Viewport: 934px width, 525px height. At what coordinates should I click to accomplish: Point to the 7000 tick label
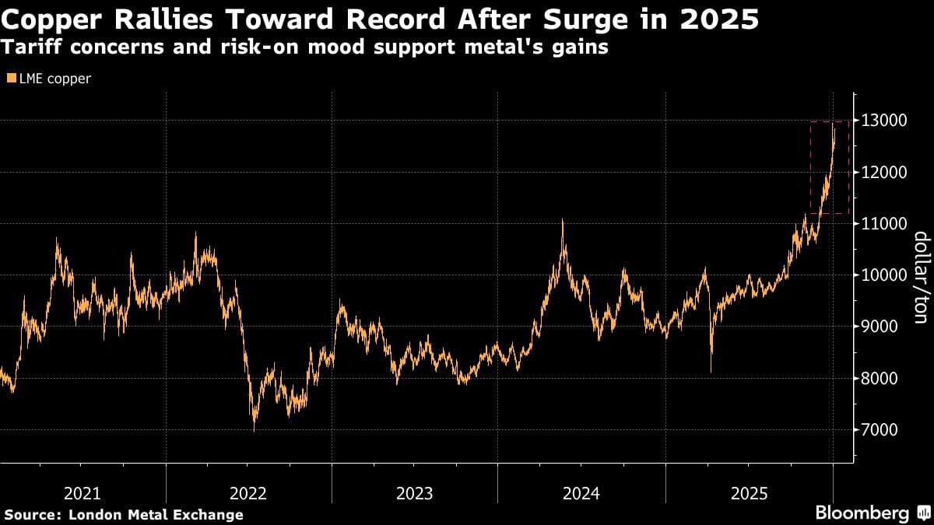point(879,430)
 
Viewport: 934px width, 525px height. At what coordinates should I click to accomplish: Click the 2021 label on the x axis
point(82,492)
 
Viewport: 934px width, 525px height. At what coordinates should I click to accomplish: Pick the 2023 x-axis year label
point(414,492)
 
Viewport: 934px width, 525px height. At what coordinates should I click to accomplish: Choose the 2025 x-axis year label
point(748,492)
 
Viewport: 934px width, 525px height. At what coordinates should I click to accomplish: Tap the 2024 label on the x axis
point(581,492)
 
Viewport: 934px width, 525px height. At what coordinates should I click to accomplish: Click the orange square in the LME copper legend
point(11,79)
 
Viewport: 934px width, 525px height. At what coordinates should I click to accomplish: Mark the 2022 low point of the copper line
point(254,429)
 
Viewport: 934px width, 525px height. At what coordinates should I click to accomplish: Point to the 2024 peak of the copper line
point(562,220)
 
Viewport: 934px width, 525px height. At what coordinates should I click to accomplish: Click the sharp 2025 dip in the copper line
point(711,372)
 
